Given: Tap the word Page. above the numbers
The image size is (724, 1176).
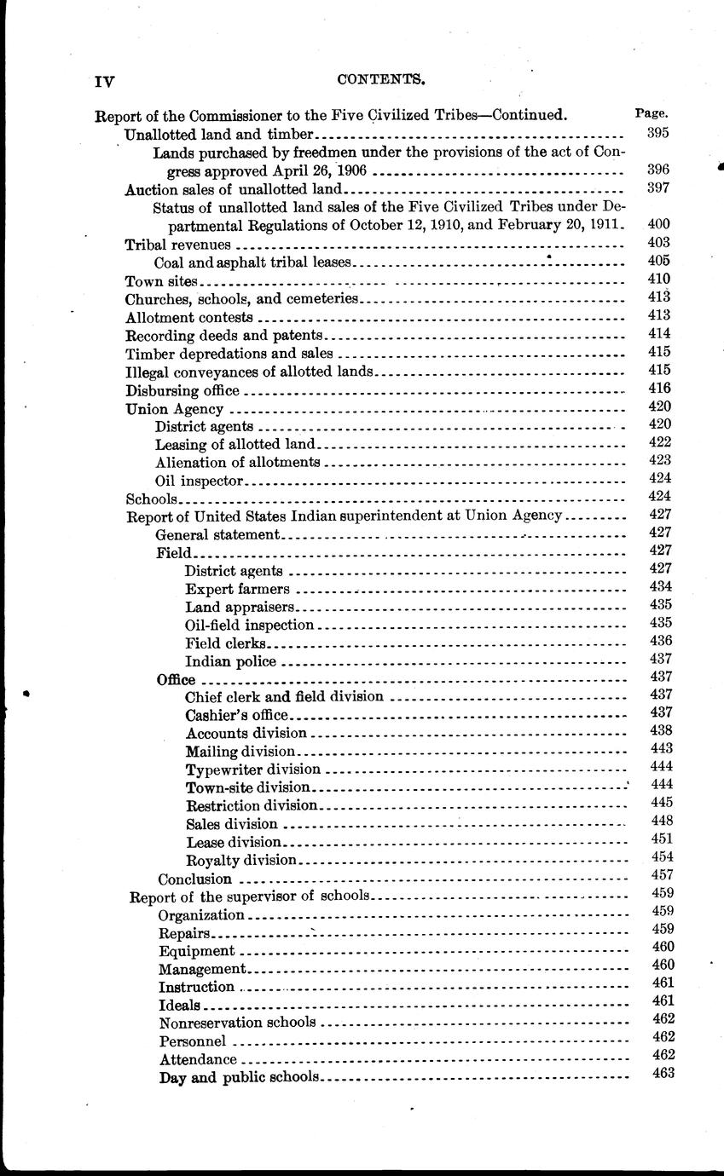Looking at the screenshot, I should (652, 112).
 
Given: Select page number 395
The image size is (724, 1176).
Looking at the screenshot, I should (658, 133).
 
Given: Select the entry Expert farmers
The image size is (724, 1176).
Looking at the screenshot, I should (237, 588).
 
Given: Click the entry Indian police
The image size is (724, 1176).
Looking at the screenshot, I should (230, 660).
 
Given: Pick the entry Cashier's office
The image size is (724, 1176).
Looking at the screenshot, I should (237, 714).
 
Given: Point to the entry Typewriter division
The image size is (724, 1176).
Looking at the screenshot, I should (252, 769).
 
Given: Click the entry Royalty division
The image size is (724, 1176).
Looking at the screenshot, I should (240, 860).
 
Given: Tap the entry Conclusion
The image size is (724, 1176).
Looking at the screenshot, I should (194, 879).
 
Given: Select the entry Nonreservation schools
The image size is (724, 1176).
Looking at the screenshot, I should (237, 1022).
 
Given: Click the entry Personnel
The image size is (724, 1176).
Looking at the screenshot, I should (192, 1041).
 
